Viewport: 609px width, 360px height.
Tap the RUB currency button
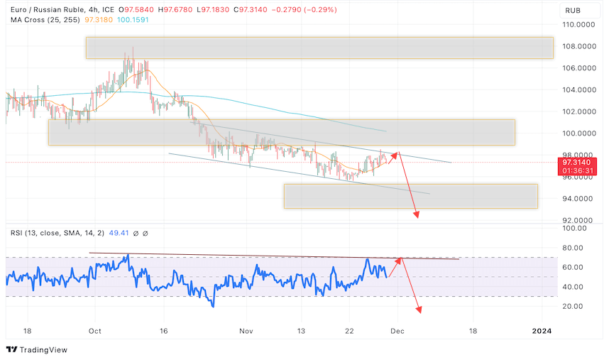pyautogui.click(x=572, y=11)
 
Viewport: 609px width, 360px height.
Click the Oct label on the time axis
pyautogui.click(x=96, y=330)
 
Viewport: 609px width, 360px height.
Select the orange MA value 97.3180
pyautogui.click(x=95, y=20)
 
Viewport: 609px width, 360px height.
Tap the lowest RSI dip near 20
pyautogui.click(x=212, y=305)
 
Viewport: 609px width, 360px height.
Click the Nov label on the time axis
pyautogui.click(x=246, y=330)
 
